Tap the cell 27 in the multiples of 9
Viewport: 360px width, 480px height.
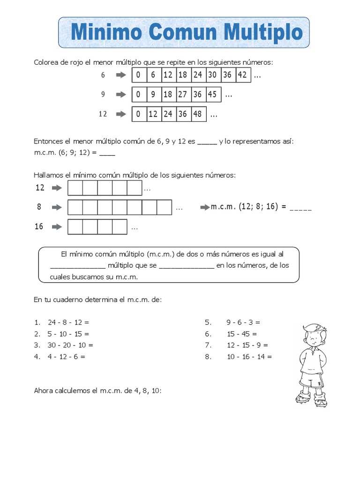pyautogui.click(x=182, y=94)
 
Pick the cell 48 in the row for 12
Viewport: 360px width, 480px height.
pyautogui.click(x=197, y=114)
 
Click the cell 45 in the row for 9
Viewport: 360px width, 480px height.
pyautogui.click(x=212, y=94)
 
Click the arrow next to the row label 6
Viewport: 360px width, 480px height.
pyautogui.click(x=121, y=75)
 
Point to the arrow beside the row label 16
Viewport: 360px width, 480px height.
pyautogui.click(x=57, y=226)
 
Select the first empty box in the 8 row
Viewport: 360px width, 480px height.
pyautogui.click(x=75, y=207)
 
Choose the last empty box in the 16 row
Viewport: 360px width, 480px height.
pyautogui.click(x=120, y=227)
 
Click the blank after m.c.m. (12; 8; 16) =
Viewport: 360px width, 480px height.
pyautogui.click(x=301, y=207)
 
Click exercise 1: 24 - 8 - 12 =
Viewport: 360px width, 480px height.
pyautogui.click(x=68, y=322)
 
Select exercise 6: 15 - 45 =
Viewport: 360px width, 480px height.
pyautogui.click(x=241, y=334)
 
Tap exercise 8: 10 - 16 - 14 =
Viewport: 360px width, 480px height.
pyautogui.click(x=249, y=356)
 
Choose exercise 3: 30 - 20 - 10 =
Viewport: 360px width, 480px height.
pyautogui.click(x=70, y=345)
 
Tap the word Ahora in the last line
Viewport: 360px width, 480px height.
pyautogui.click(x=44, y=390)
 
